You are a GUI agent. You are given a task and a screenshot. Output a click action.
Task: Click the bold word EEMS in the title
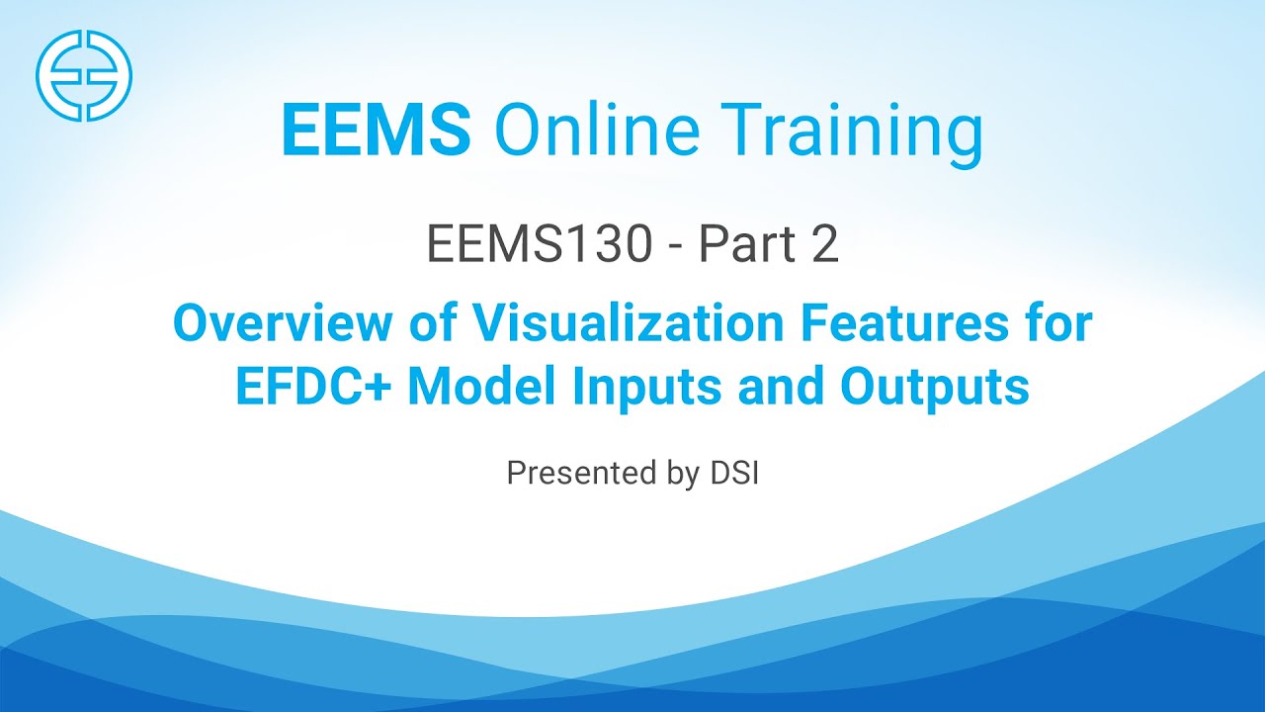[376, 131]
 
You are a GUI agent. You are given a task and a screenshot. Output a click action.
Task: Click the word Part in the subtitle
[739, 245]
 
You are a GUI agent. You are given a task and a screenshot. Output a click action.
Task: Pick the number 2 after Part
[824, 245]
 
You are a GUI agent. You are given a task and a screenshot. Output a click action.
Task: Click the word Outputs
[935, 388]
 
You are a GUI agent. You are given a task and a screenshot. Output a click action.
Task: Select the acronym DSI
[733, 473]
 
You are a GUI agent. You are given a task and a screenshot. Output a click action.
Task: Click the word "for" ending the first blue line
[1056, 324]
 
